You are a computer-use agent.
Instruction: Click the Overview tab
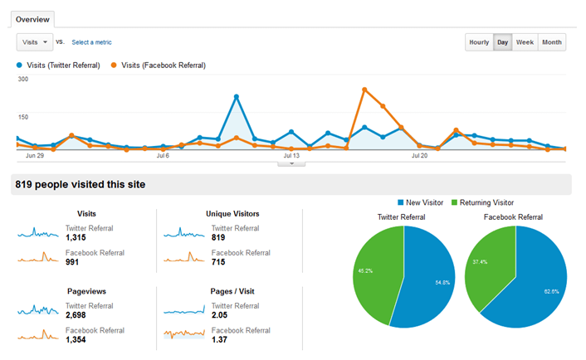tap(32, 18)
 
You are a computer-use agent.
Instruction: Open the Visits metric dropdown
tap(33, 41)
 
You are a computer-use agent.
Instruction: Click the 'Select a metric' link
tap(91, 42)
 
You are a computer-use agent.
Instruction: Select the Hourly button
tap(479, 42)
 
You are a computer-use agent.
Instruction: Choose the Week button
tap(525, 42)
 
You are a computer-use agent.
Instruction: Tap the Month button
tap(551, 42)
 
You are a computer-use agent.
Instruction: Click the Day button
tap(502, 42)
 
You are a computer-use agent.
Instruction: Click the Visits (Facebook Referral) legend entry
tap(163, 66)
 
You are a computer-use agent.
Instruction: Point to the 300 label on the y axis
tap(23, 80)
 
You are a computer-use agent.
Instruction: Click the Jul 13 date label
tap(291, 155)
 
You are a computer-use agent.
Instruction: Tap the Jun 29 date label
tap(35, 155)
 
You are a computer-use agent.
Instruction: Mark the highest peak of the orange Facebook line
tap(364, 89)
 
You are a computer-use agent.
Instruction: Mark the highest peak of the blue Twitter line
tap(237, 97)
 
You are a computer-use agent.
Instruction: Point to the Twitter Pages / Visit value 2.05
tap(219, 315)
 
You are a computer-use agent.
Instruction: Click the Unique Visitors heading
tap(232, 213)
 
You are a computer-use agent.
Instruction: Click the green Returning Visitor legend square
tap(454, 202)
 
